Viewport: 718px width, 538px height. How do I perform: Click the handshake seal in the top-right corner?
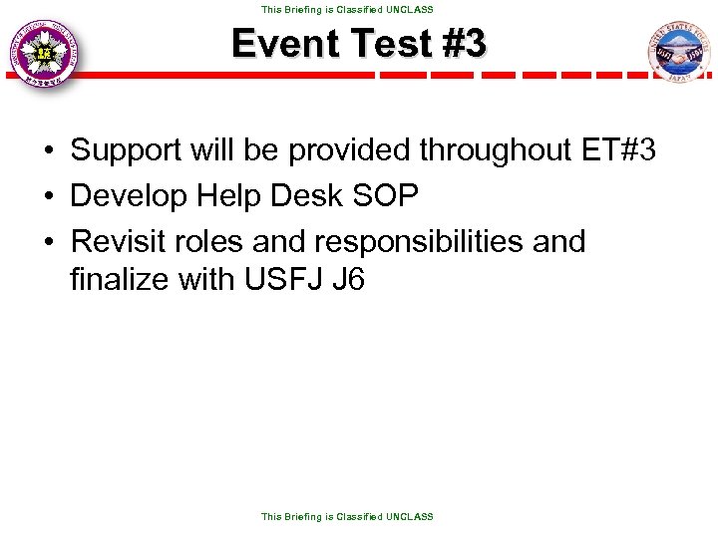click(679, 52)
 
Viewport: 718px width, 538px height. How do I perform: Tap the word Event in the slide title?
click(281, 44)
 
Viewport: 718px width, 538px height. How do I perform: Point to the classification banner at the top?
click(347, 9)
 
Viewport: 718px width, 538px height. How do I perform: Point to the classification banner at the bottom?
click(347, 516)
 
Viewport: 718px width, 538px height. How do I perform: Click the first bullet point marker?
click(48, 151)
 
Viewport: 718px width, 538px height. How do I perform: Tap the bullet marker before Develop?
click(48, 196)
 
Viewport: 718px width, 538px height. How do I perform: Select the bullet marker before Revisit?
click(48, 242)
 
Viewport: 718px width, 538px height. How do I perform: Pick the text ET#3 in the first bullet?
click(616, 150)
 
